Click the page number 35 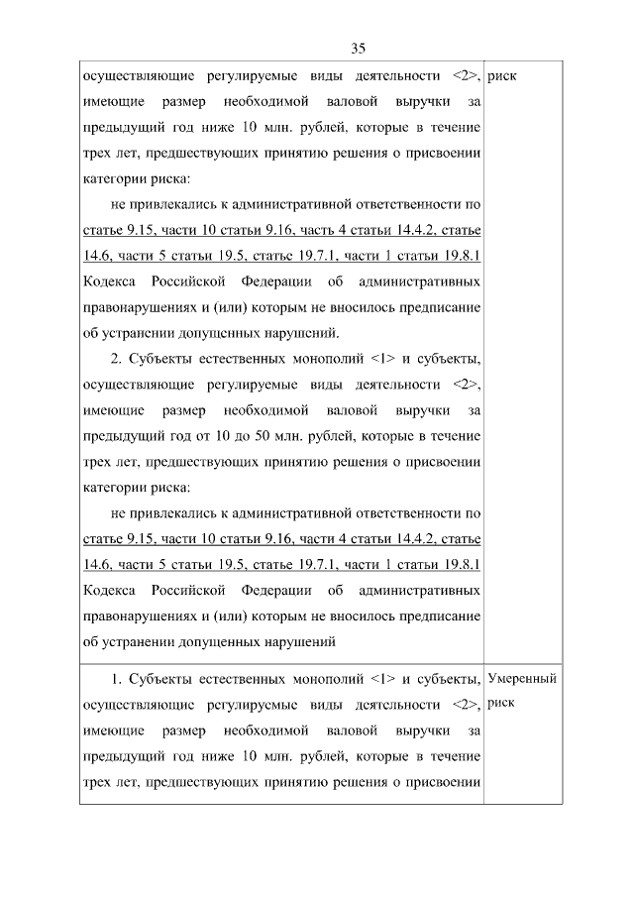coord(359,48)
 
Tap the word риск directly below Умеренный coord(501,705)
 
